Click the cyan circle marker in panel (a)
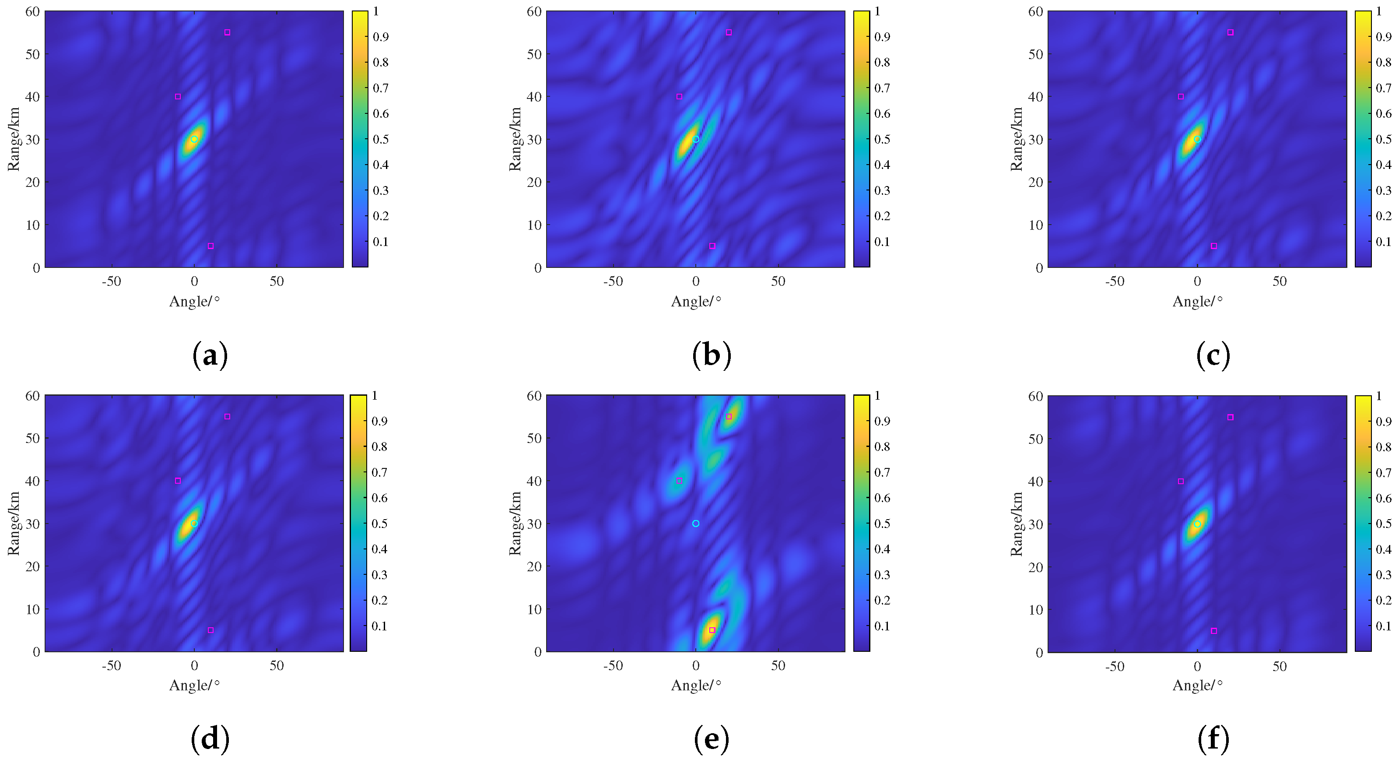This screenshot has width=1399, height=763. point(194,139)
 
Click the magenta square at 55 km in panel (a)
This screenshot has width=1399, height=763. point(227,32)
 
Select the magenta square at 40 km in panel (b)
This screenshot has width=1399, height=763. point(679,97)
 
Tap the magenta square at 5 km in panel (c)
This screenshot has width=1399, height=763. point(1214,246)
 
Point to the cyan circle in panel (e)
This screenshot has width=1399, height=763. point(696,524)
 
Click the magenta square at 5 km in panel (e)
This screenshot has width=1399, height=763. point(712,630)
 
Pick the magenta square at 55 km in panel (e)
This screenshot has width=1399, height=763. point(729,417)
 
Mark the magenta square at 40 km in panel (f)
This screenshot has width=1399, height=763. point(1181,482)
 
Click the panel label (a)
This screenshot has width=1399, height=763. point(210,355)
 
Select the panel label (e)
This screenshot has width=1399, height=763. point(712,739)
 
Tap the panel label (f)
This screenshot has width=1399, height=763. point(1213,739)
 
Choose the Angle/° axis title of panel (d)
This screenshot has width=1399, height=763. point(194,685)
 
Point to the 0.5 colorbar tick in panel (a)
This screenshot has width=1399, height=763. point(380,139)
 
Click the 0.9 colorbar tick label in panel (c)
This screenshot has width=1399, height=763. point(1384,37)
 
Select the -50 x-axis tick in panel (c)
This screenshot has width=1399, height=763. point(1115,281)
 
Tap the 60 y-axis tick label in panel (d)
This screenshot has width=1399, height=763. point(32,396)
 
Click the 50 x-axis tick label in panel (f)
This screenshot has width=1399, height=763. point(1280,666)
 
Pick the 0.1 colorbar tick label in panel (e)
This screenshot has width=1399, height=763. point(882,626)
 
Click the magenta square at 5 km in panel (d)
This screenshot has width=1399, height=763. point(211,630)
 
